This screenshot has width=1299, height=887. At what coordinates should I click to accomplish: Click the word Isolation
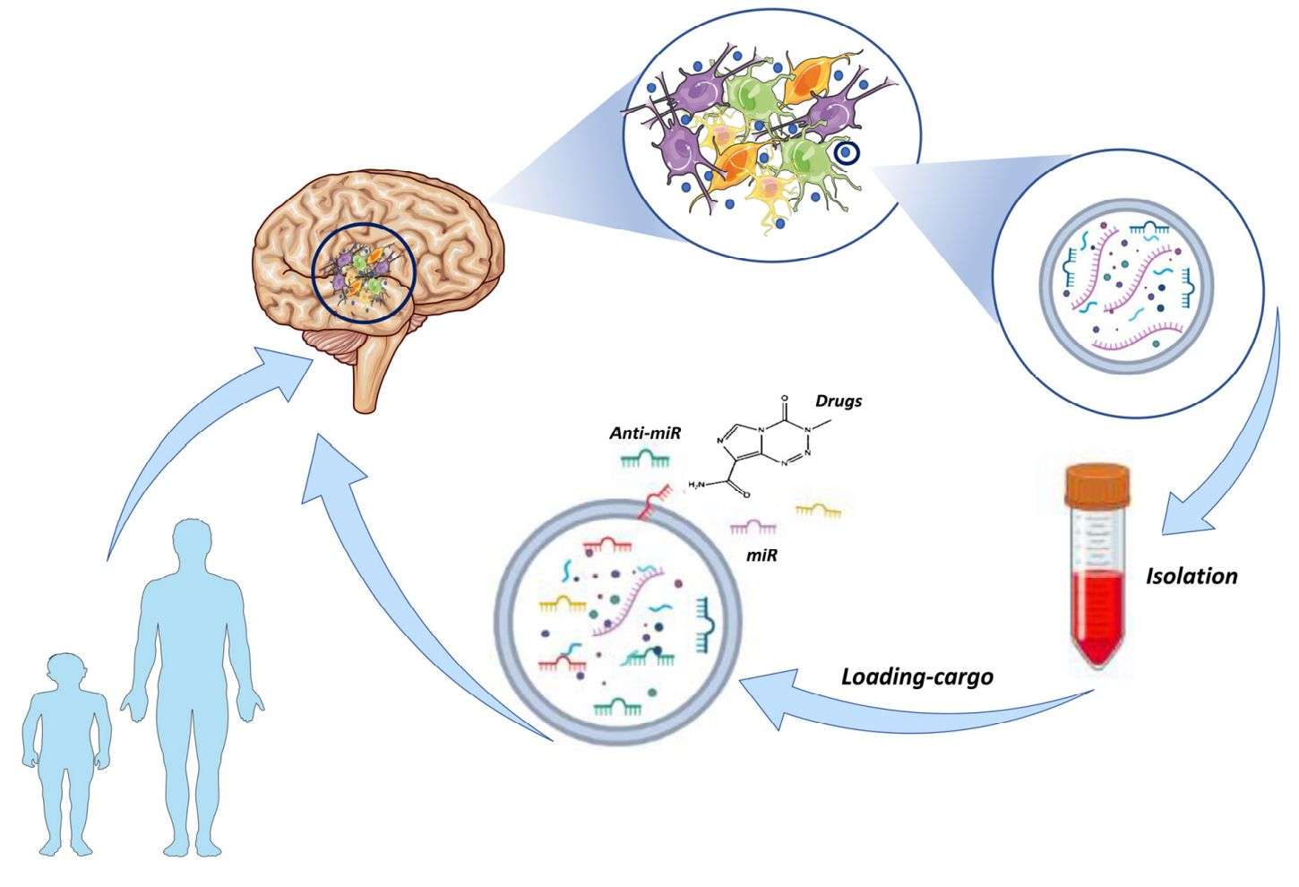[1191, 576]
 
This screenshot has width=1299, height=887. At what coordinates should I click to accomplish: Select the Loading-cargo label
[916, 676]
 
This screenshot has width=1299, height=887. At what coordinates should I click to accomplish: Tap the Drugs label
[839, 400]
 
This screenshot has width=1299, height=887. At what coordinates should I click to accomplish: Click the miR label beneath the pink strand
[761, 555]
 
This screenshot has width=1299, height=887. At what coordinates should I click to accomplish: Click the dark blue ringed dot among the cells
[846, 154]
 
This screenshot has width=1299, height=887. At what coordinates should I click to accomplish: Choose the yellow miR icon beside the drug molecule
[818, 511]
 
